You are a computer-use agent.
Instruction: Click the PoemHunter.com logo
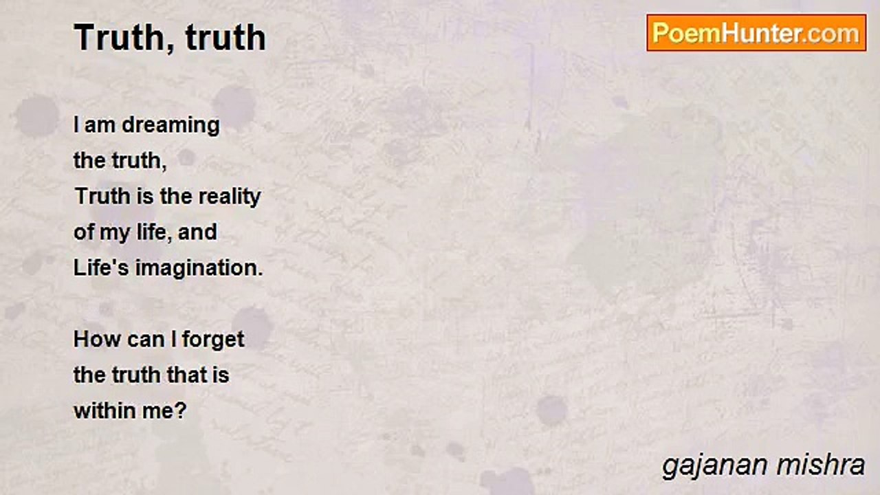(756, 32)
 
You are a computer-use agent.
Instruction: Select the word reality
(230, 197)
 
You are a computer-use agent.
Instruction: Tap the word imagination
(199, 267)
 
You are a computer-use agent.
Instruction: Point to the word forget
(213, 340)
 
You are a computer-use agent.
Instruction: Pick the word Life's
(101, 267)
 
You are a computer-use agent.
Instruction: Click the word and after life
(197, 232)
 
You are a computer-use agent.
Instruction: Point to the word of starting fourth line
(83, 232)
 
